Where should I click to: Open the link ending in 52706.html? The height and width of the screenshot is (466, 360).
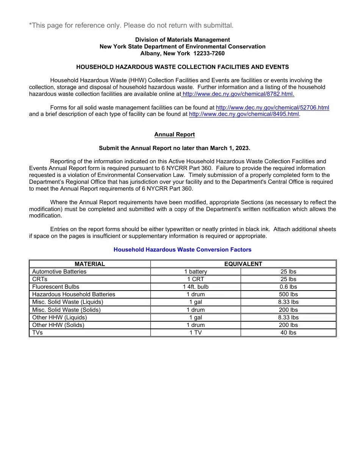tap(272, 108)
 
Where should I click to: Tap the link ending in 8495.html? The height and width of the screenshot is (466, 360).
tap(244, 114)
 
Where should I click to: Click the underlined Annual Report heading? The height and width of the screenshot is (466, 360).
tap(174, 134)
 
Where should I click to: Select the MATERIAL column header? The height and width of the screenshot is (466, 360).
tap(90, 264)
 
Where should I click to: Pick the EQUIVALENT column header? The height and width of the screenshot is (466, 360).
tap(243, 264)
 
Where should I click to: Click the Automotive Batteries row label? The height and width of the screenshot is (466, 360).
tap(59, 272)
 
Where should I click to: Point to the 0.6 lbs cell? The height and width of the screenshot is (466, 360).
tap(288, 287)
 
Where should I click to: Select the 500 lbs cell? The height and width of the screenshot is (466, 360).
tap(288, 294)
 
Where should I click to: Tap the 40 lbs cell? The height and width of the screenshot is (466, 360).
tap(288, 333)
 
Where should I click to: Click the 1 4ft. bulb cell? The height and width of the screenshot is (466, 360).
tap(196, 287)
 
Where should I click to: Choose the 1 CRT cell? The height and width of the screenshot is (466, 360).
tap(196, 279)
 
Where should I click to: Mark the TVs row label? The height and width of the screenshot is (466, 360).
tap(38, 333)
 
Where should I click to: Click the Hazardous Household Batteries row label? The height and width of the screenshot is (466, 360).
tap(74, 294)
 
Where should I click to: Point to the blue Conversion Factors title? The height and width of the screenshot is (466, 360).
tap(183, 250)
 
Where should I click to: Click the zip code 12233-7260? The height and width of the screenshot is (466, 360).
tap(209, 53)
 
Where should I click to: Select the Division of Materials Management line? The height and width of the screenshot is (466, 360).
tap(183, 40)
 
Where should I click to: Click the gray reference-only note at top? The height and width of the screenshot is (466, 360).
tap(131, 25)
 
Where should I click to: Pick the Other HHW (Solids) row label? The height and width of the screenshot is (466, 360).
tap(58, 325)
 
